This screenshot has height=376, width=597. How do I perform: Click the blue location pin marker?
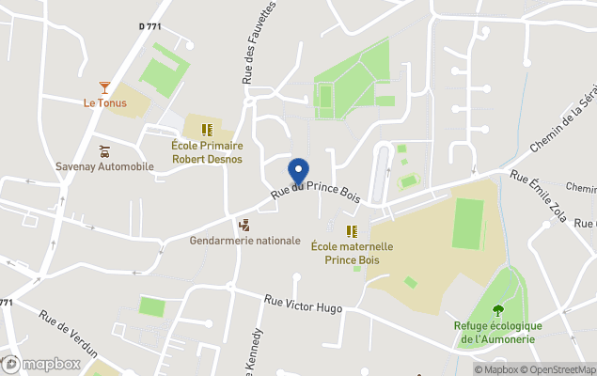298,171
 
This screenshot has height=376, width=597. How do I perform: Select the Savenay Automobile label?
104,166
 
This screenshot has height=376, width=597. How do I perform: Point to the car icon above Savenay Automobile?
104,150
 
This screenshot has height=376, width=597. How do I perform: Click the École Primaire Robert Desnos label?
207,152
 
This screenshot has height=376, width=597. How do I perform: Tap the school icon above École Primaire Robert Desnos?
208,130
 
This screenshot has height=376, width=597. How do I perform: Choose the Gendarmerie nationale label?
244,241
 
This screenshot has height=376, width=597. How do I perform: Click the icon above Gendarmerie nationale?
244,225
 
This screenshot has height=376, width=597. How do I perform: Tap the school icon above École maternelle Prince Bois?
352,230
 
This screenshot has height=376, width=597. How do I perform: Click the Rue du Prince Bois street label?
316,181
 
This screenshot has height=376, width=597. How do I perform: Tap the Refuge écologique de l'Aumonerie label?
497,332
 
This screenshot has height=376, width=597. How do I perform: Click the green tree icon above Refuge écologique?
497,310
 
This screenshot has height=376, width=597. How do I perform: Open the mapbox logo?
41,364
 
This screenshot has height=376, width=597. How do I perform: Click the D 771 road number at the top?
149,26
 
